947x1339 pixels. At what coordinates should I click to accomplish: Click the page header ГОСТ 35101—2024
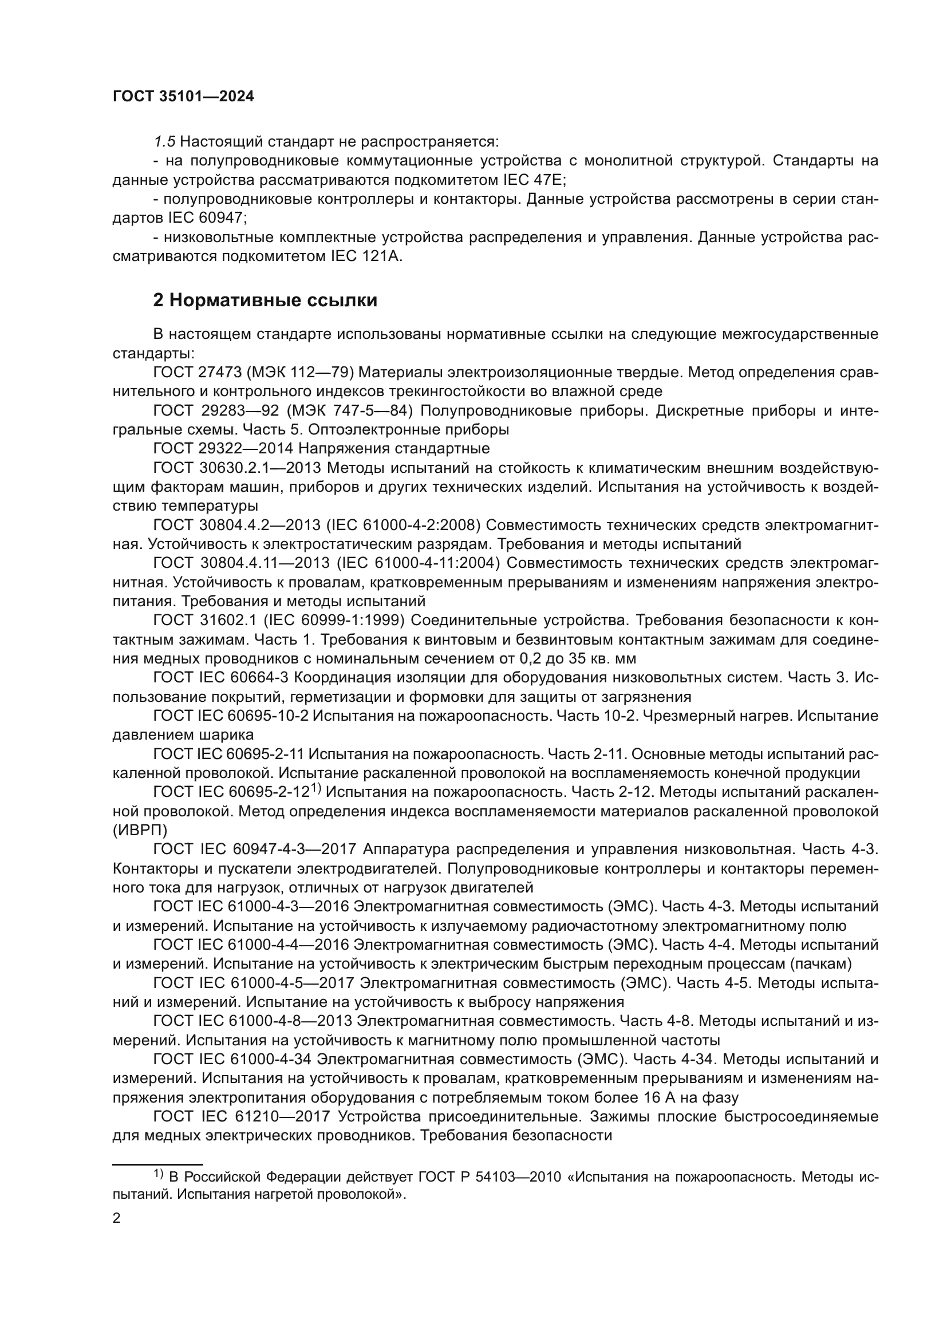(183, 97)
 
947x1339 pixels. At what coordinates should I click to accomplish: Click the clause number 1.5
(164, 142)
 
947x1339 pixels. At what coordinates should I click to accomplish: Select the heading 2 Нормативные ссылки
(265, 301)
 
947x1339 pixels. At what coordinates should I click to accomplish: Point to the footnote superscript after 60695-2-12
(315, 788)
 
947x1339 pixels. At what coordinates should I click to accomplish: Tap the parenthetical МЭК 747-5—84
(350, 410)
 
